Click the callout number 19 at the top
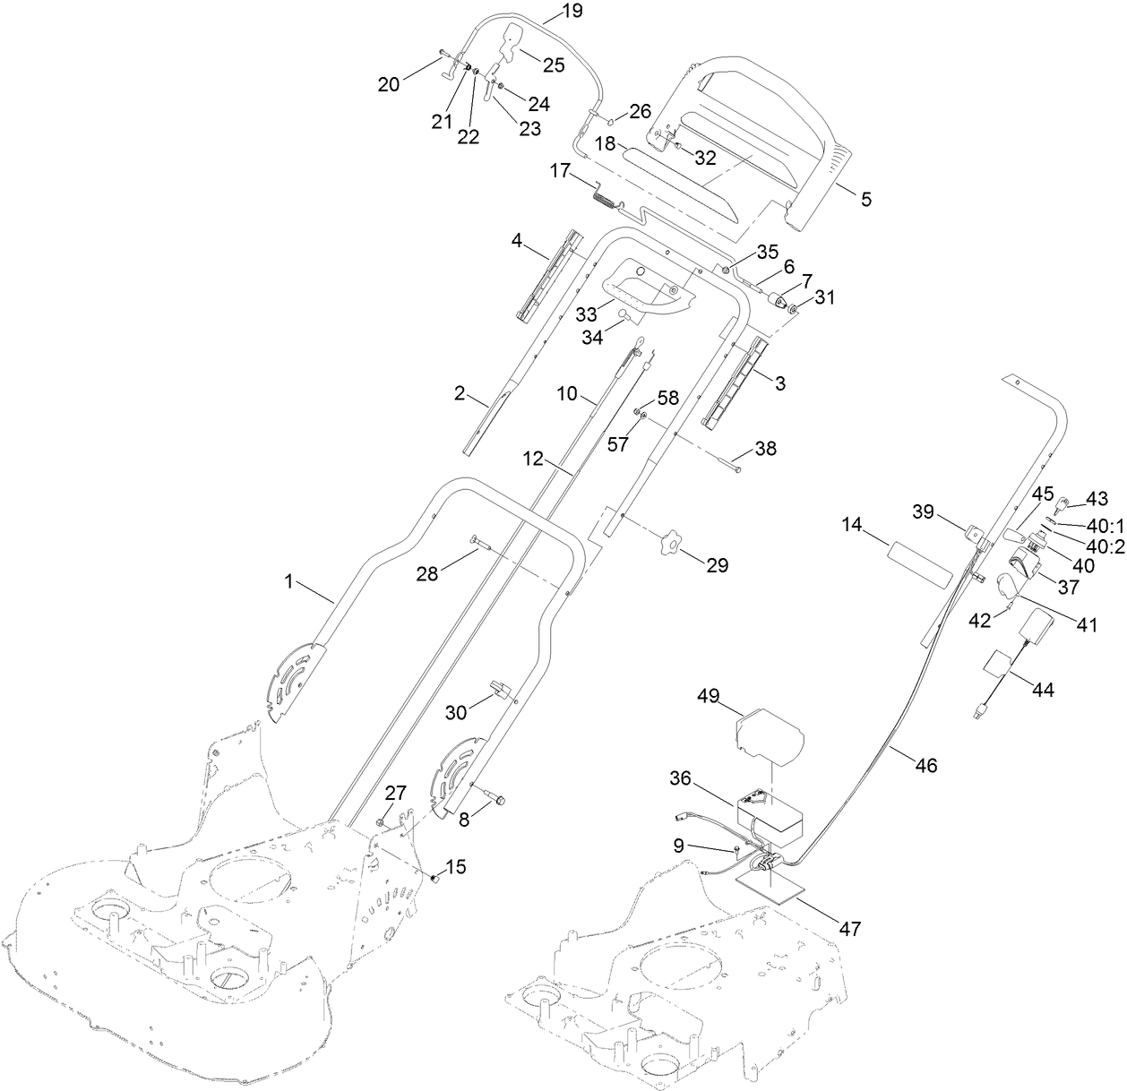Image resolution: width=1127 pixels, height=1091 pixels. click(x=571, y=11)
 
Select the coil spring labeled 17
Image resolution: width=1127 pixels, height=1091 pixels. click(x=607, y=194)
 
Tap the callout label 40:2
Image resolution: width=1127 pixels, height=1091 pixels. click(x=1105, y=547)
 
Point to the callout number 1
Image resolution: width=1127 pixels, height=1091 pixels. click(x=288, y=582)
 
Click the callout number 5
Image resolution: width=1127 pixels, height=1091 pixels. click(x=865, y=199)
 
